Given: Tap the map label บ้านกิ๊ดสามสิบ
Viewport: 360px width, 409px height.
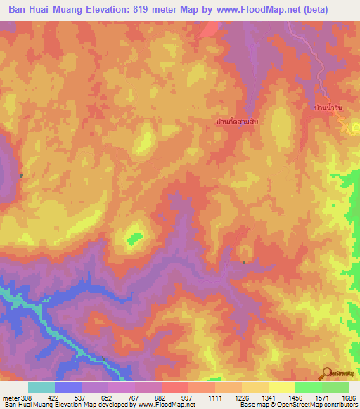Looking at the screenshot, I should click(x=237, y=122).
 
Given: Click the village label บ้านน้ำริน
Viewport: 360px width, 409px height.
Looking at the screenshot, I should click(x=327, y=110).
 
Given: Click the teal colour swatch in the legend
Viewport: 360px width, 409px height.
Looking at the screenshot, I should click(x=41, y=387).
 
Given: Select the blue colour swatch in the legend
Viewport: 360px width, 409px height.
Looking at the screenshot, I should click(x=68, y=387).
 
